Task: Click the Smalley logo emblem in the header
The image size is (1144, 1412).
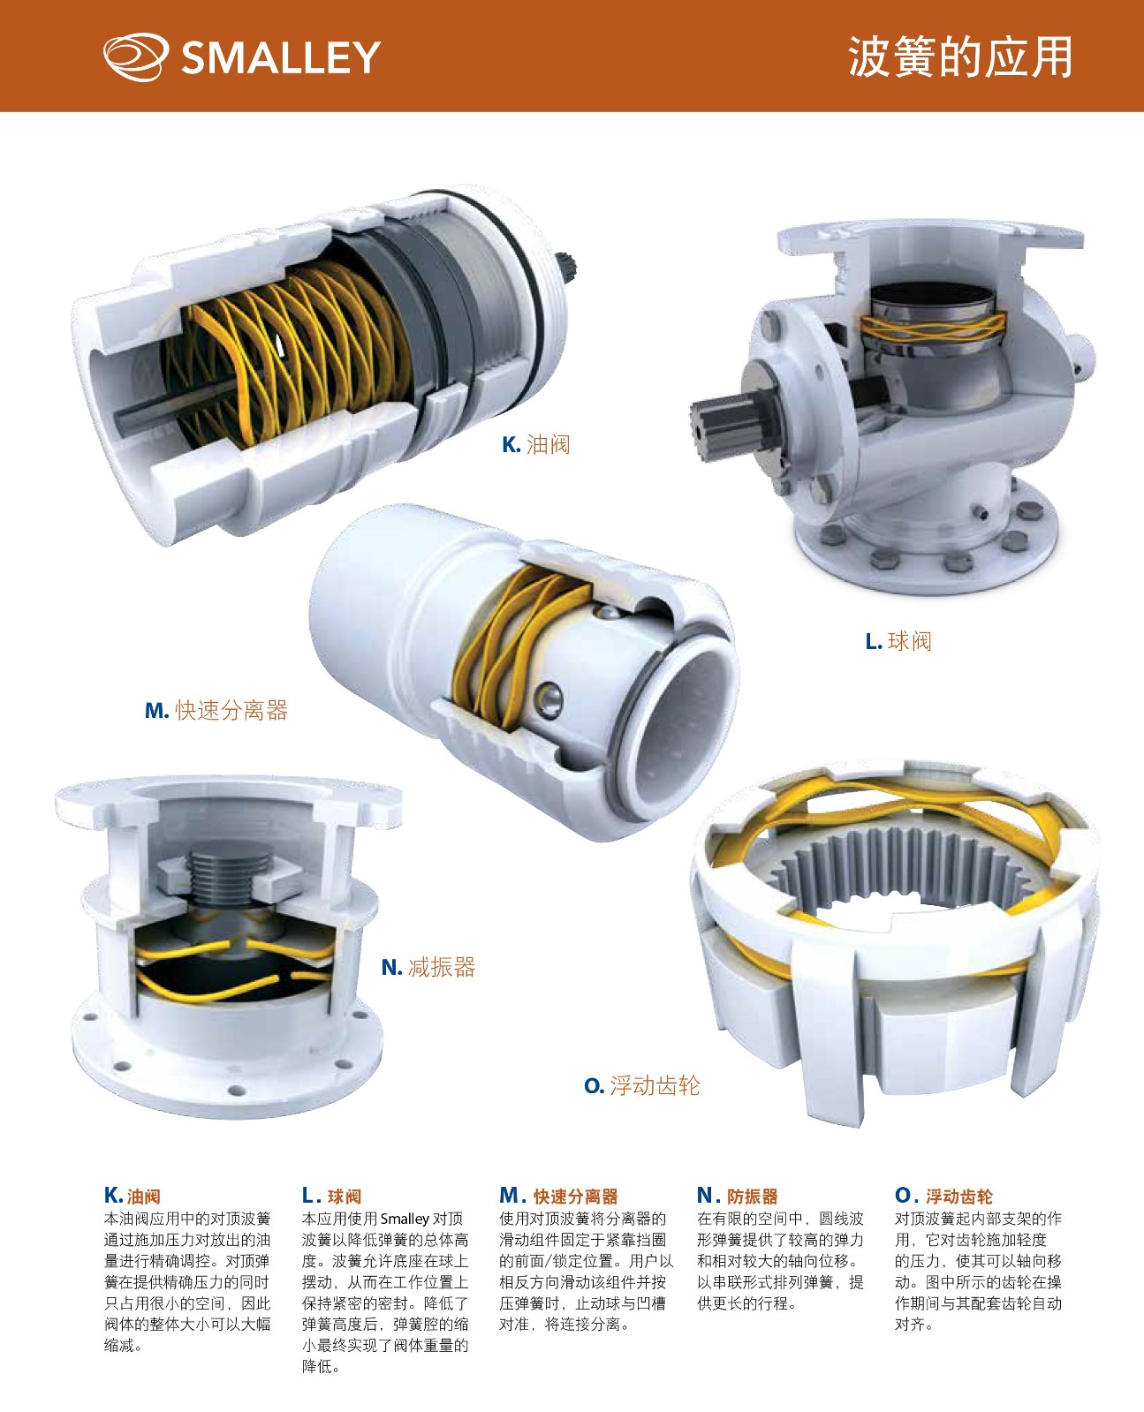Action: [135, 57]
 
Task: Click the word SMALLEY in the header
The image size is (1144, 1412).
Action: [281, 57]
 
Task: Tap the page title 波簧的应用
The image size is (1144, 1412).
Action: [959, 57]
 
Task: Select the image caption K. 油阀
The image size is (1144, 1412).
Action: [536, 444]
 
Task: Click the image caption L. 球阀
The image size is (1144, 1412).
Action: [898, 641]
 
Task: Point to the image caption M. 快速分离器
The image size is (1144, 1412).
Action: [216, 710]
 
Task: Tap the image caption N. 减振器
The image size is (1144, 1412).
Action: [428, 967]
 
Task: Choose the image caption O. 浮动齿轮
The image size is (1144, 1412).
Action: [641, 1085]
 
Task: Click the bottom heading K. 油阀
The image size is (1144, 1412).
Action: [132, 1196]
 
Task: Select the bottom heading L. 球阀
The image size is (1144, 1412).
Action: [331, 1196]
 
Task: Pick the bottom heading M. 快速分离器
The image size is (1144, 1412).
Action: [558, 1196]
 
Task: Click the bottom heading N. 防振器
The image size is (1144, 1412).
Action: [737, 1196]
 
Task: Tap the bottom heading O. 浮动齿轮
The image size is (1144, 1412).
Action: [943, 1196]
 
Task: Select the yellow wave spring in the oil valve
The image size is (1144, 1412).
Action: [289, 351]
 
